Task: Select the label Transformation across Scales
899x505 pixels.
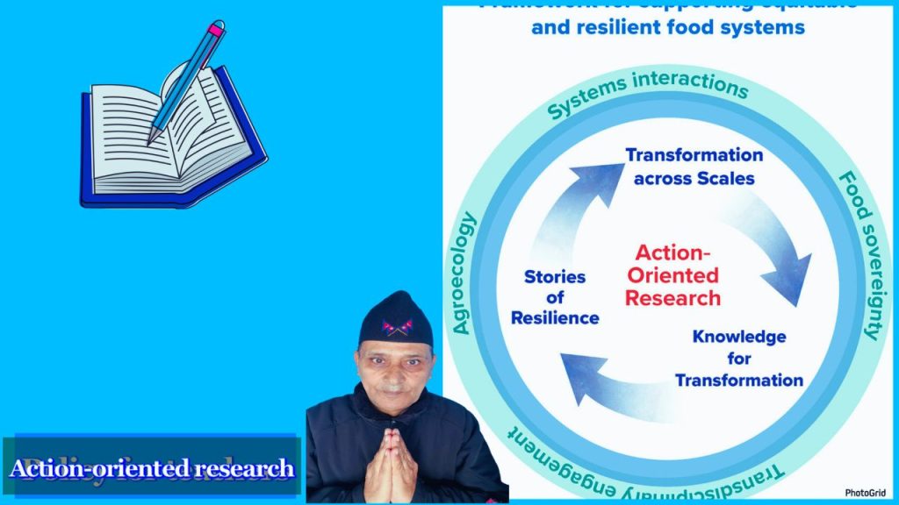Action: (x=694, y=166)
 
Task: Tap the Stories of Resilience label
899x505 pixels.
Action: (x=555, y=297)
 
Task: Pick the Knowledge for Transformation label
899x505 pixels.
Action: (x=738, y=358)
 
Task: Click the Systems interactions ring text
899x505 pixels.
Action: (x=647, y=95)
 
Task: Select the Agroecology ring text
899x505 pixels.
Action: (x=464, y=273)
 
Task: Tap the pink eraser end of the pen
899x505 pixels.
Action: (x=214, y=32)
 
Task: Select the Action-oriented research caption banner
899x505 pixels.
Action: (x=151, y=468)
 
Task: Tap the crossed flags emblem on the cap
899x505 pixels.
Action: (x=397, y=328)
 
